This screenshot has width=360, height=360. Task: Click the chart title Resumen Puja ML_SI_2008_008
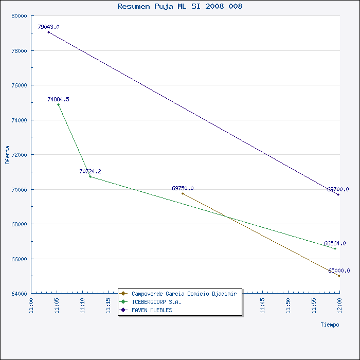coord(180,6)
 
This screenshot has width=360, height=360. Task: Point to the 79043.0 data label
coord(48,27)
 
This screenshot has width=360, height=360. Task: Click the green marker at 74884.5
coord(58,105)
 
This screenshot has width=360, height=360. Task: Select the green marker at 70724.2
coord(90,176)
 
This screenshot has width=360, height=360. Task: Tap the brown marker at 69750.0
coord(183,193)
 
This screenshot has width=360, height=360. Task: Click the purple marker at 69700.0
coord(338,194)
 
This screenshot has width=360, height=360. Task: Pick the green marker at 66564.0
coord(335,248)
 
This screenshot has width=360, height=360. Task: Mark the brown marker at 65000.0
coord(339,276)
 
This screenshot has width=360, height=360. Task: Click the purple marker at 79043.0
coord(48,32)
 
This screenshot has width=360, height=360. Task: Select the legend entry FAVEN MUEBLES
coord(152,310)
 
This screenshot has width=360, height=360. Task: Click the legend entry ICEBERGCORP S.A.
coord(156,302)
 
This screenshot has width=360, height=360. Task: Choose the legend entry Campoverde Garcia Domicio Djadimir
coord(184,294)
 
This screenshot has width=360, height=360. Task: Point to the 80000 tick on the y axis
coord(20,16)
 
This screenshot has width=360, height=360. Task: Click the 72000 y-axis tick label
coord(20,155)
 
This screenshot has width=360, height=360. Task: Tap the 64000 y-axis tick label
coord(20,294)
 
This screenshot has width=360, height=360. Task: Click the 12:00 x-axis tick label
coord(339,306)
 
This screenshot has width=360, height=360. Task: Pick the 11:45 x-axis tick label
coord(262,306)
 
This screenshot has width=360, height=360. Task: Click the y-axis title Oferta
coord(7,155)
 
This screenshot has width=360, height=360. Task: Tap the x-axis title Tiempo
coord(330,325)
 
